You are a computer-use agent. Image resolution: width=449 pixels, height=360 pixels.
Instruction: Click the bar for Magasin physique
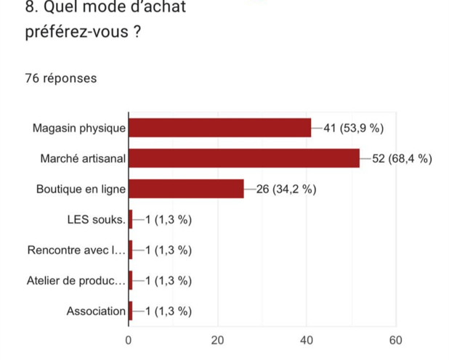click(219, 128)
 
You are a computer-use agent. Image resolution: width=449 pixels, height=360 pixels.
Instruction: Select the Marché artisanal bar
click(244, 158)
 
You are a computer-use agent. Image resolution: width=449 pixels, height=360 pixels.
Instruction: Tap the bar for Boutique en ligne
click(186, 189)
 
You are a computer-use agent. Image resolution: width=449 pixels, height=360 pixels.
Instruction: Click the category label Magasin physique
click(79, 128)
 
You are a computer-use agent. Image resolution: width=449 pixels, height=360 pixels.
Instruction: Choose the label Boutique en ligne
click(81, 189)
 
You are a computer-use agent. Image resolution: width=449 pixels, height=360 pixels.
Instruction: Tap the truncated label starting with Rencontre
click(76, 250)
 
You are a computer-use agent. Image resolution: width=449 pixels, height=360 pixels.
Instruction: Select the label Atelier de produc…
click(76, 281)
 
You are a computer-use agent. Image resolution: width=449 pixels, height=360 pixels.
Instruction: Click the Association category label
click(96, 311)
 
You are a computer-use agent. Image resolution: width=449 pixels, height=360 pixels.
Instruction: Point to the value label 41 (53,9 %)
click(353, 128)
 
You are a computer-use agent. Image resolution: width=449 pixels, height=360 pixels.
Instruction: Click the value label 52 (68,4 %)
click(402, 159)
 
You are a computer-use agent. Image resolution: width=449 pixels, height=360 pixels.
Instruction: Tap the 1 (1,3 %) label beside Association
click(169, 311)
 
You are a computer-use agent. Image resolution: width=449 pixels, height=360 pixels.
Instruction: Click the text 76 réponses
click(61, 78)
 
